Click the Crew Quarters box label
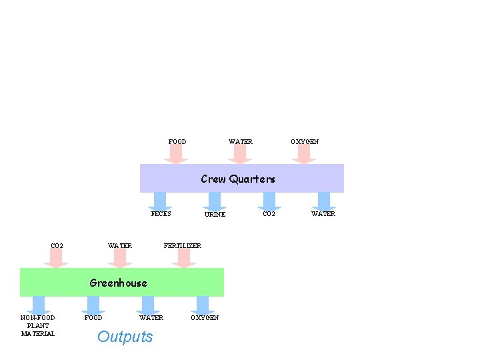pos(238,179)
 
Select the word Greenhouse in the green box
pos(118,283)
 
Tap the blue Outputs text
pos(125,337)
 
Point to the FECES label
pos(161,214)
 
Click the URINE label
pos(215,215)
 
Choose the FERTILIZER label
pos(182,246)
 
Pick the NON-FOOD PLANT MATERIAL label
pos(38,325)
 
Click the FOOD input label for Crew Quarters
pos(177,142)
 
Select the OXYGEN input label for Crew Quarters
pos(305,142)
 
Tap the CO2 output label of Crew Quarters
pos(269,214)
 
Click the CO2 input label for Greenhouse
pos(57,246)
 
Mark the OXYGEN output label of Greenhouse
pos(205,317)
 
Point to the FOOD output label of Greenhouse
pos(93,317)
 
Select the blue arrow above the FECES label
pos(160,201)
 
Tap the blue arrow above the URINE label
pos(214,201)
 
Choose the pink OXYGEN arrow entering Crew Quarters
pos(303,154)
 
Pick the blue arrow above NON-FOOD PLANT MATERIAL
pos(39,305)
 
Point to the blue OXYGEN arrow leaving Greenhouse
pos(203,305)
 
